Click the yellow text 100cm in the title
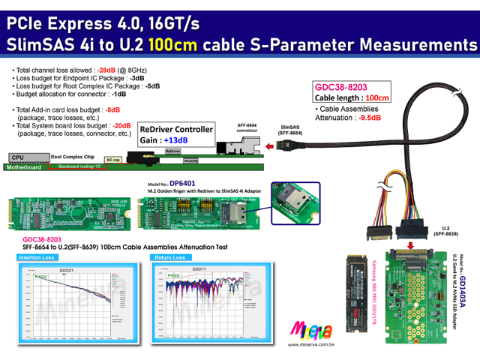pos(173,45)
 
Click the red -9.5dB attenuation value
pos(370,117)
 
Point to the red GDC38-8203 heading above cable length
pos(342,87)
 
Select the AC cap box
pos(113,160)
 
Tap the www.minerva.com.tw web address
pos(311,345)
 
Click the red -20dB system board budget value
pos(121,126)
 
